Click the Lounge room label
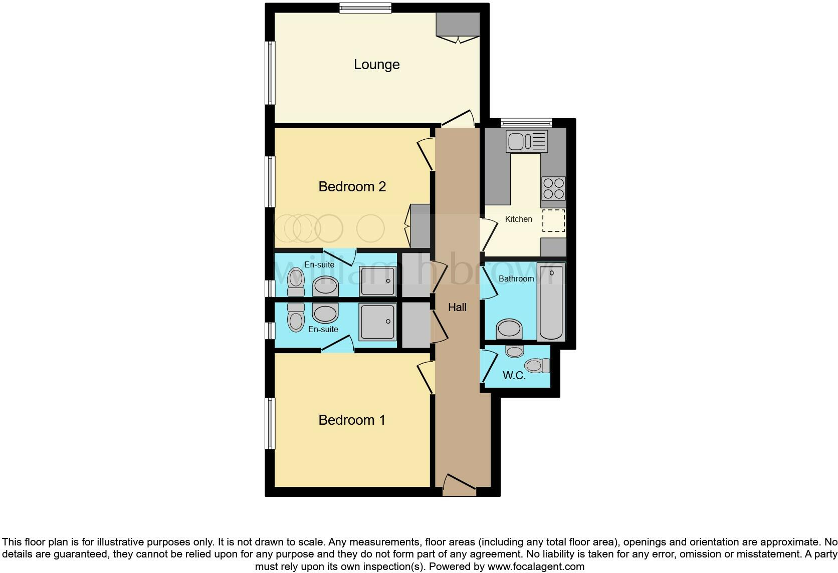(376, 65)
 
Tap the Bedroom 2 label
(352, 187)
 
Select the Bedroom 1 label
(352, 420)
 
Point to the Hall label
(457, 308)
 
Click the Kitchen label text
(518, 219)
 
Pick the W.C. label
(514, 376)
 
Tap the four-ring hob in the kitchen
(553, 188)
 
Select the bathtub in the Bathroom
(551, 303)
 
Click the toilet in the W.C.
(537, 366)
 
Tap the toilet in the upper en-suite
(296, 281)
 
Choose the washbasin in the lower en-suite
(325, 314)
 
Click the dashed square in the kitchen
(553, 221)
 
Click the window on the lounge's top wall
(365, 8)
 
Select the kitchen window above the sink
(526, 122)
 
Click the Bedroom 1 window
(270, 423)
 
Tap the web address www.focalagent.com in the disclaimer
(536, 567)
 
